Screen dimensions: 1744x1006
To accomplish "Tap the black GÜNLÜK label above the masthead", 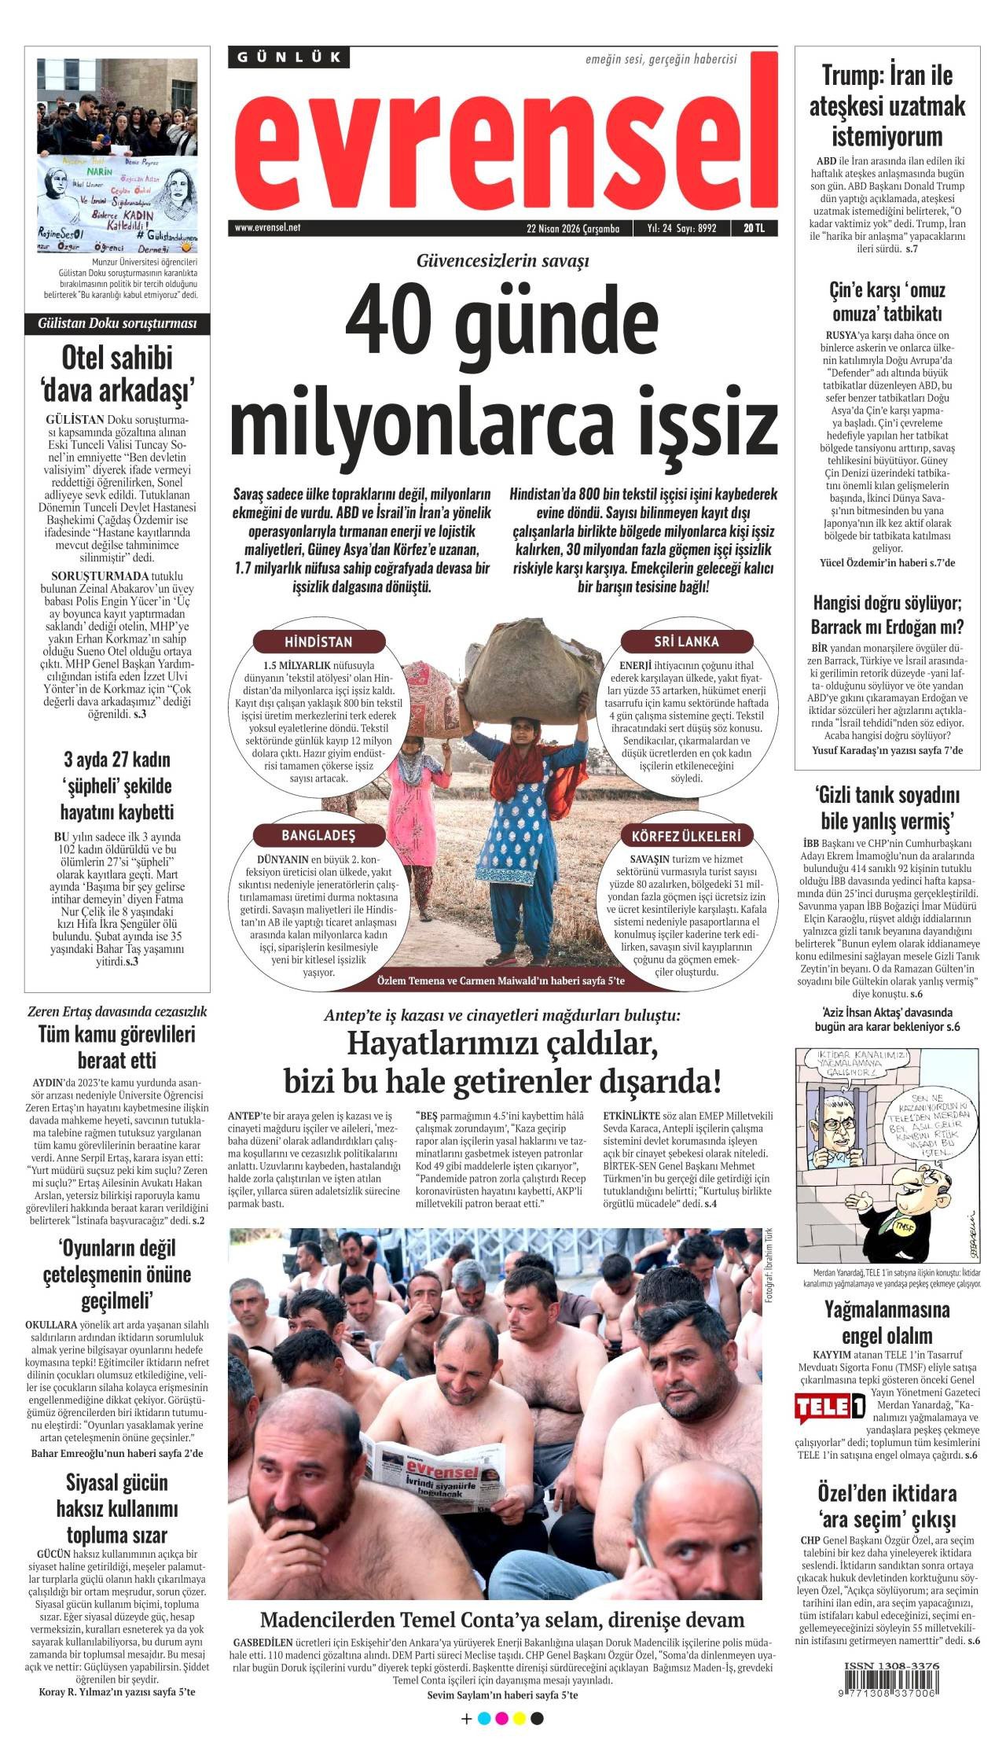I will (289, 57).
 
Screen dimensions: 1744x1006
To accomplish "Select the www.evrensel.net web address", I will (267, 228).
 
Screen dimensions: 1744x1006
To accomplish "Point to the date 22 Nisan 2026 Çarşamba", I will (573, 229).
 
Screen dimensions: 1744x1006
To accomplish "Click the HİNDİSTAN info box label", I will (318, 642).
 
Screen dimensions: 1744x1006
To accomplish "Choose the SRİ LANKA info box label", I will (686, 642).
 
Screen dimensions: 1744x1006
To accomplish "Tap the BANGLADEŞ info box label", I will (318, 835).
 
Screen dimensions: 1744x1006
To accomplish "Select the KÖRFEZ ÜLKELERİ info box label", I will (686, 835).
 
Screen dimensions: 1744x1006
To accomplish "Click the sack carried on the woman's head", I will (523, 654).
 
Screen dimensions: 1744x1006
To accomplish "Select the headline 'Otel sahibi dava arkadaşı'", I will (117, 373).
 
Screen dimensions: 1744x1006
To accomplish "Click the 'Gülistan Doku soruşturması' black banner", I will (117, 323).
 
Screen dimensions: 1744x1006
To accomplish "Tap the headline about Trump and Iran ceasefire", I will (887, 106).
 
